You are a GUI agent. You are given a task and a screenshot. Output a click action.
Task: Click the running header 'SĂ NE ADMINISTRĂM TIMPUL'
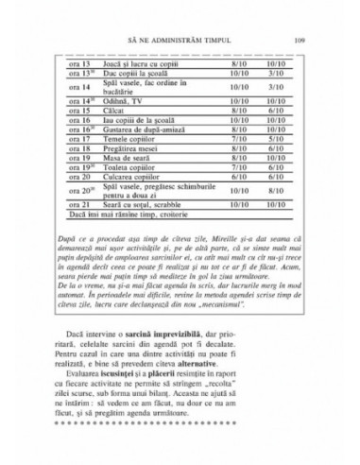pos(179,13)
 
